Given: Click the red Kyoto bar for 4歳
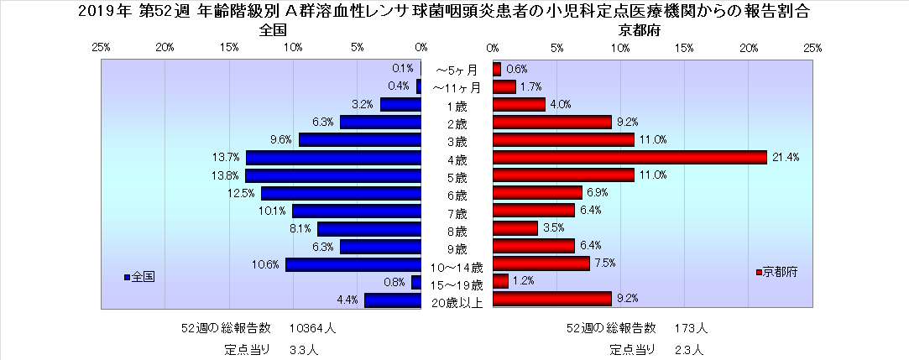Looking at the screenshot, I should coord(630,158).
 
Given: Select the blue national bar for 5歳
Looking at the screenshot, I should coord(332,175).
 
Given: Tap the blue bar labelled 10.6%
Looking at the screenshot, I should coord(353,265).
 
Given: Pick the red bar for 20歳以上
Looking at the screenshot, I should coord(551,299).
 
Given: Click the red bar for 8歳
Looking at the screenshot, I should coord(515,228).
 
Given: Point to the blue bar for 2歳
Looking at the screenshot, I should coord(380,123).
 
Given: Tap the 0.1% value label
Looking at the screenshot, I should coord(402,69).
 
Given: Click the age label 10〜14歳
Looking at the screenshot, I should coord(457,268).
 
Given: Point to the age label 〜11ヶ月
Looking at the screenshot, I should coord(457,87).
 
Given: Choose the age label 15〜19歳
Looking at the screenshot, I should coord(457,285).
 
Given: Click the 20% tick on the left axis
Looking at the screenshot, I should coord(165,48).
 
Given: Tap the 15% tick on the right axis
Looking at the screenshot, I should coord(684,48).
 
